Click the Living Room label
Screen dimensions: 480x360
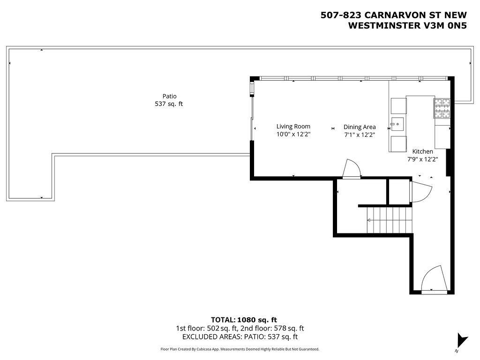pyautogui.click(x=293, y=127)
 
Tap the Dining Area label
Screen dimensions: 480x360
pyautogui.click(x=360, y=127)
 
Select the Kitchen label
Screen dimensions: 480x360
pyautogui.click(x=422, y=151)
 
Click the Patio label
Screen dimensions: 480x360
pyautogui.click(x=169, y=97)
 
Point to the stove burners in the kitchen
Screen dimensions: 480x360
pyautogui.click(x=442, y=108)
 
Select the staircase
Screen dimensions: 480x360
pyautogui.click(x=390, y=220)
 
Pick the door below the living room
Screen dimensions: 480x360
pyautogui.click(x=352, y=168)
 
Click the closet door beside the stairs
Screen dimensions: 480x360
pyautogui.click(x=420, y=192)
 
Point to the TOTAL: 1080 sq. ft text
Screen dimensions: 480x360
pyautogui.click(x=244, y=320)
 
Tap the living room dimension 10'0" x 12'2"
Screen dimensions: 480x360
pyautogui.click(x=293, y=134)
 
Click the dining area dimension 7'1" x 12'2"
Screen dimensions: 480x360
pyautogui.click(x=360, y=135)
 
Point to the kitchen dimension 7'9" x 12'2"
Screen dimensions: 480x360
pyautogui.click(x=422, y=159)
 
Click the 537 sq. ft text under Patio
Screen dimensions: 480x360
pyautogui.click(x=169, y=104)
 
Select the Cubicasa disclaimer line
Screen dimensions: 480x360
pyautogui.click(x=240, y=349)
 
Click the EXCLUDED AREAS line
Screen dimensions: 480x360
pyautogui.click(x=240, y=337)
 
